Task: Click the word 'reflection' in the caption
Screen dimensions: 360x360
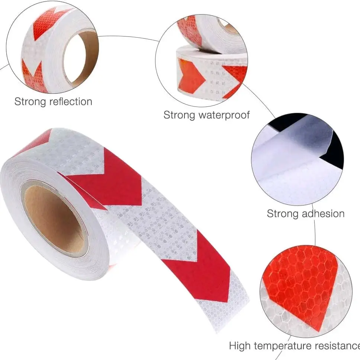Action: pyautogui.click(x=69, y=101)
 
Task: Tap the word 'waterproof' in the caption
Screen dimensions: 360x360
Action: pyautogui.click(x=223, y=115)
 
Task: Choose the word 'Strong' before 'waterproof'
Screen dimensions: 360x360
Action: pyautogui.click(x=179, y=115)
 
